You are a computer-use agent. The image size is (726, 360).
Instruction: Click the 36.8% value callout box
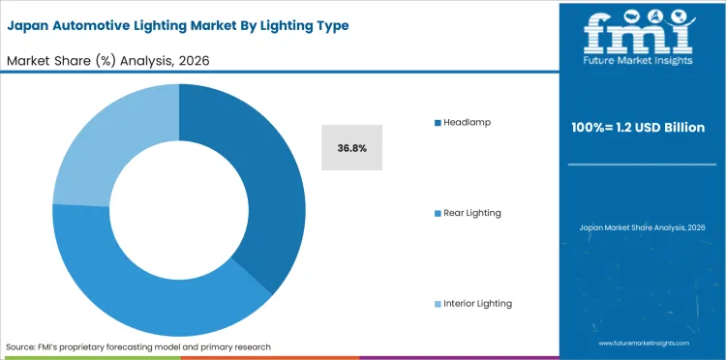tap(352, 148)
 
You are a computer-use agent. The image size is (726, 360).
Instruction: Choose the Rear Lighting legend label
tap(472, 212)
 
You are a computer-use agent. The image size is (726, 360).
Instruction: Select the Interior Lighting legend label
tap(477, 303)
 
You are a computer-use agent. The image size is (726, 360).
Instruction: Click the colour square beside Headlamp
tap(438, 122)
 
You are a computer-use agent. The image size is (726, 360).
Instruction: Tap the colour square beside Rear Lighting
tap(438, 212)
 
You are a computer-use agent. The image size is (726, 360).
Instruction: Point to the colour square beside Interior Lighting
tap(438, 303)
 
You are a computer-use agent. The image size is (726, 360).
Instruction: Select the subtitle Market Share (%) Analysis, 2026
tap(108, 61)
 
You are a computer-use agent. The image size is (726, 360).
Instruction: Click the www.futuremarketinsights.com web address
tap(643, 344)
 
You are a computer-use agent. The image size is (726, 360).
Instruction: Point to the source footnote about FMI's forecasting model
tap(138, 345)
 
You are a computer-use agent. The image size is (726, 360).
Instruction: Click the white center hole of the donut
tap(179, 209)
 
